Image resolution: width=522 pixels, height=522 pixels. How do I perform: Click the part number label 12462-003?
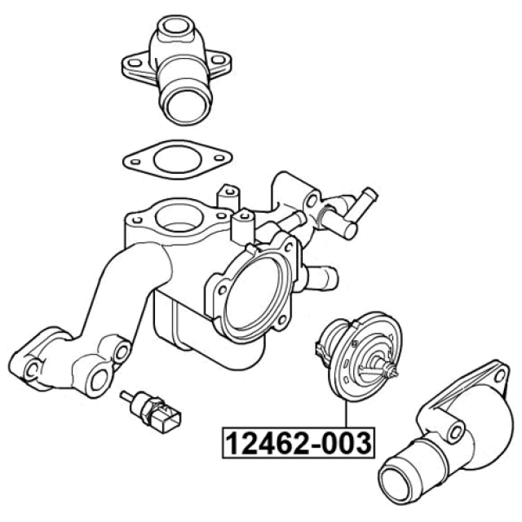coord(299,443)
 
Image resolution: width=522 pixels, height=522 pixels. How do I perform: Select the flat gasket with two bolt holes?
coord(178,160)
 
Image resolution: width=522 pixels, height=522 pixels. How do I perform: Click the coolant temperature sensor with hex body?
coord(152,411)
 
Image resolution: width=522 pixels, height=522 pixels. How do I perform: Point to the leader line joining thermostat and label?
coord(346,414)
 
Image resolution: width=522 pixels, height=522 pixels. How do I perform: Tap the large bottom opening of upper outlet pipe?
coord(186,106)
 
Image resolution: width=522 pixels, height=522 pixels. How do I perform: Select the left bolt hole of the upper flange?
coord(135,62)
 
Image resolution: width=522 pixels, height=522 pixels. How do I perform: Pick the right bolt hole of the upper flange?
coord(218,60)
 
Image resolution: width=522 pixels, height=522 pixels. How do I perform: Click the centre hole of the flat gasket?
coord(178,160)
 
